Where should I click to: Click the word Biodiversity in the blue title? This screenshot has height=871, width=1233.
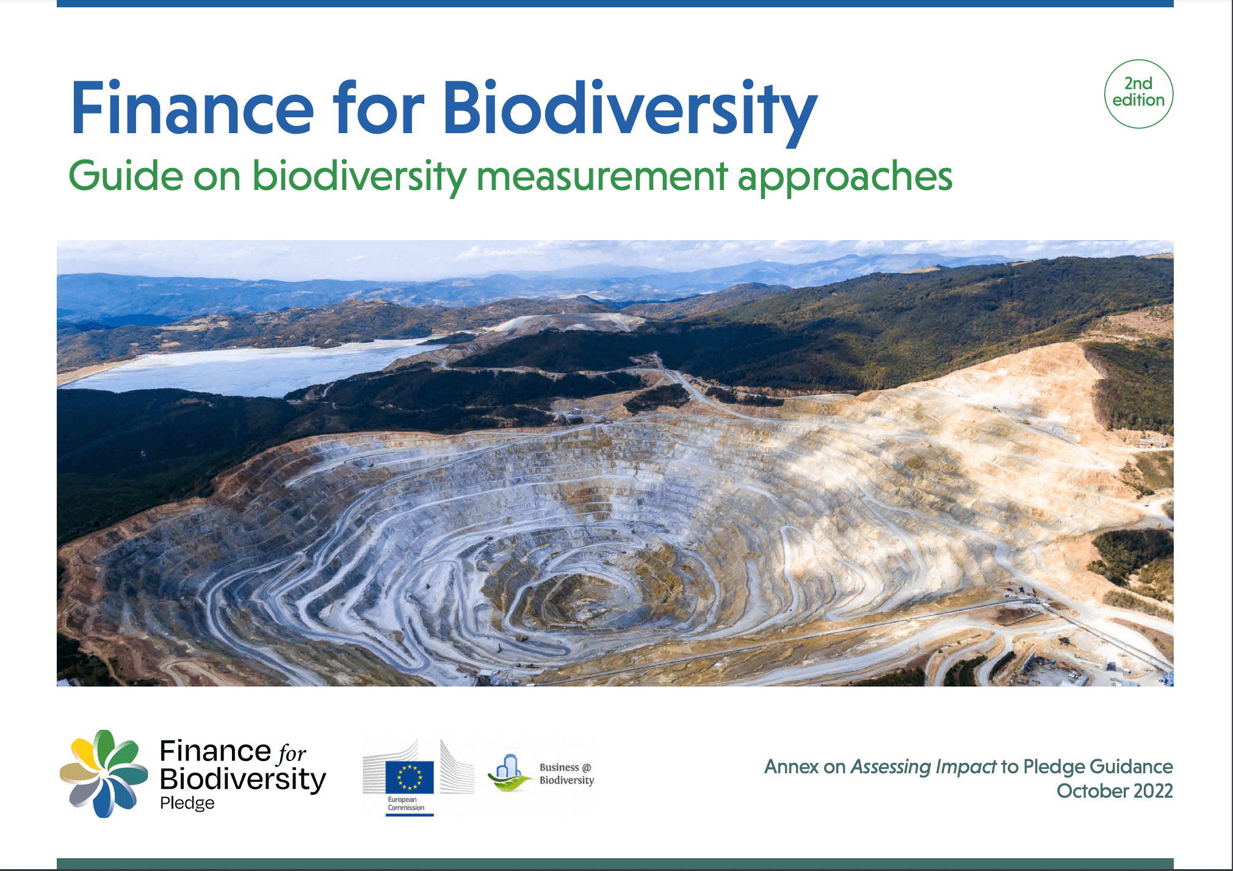(x=629, y=109)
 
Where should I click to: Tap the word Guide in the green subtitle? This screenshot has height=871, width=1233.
(x=125, y=177)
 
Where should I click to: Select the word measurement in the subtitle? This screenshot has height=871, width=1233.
(x=601, y=177)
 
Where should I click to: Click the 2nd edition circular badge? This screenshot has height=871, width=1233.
(x=1138, y=93)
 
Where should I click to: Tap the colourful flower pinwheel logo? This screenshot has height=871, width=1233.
(x=104, y=773)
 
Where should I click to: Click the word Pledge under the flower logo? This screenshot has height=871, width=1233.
(x=187, y=803)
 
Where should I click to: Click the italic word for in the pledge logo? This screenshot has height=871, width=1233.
(x=292, y=754)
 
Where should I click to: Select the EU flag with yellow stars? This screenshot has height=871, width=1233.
(x=410, y=777)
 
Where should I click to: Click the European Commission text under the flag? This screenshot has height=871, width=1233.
(x=405, y=804)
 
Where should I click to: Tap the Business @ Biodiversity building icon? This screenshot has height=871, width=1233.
(x=508, y=772)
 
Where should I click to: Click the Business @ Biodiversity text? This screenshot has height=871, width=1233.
(x=566, y=773)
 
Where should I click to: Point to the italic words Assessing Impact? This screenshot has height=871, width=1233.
(x=923, y=767)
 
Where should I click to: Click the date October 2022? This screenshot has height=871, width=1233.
(x=1114, y=791)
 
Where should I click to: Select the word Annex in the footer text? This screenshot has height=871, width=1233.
(x=791, y=767)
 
